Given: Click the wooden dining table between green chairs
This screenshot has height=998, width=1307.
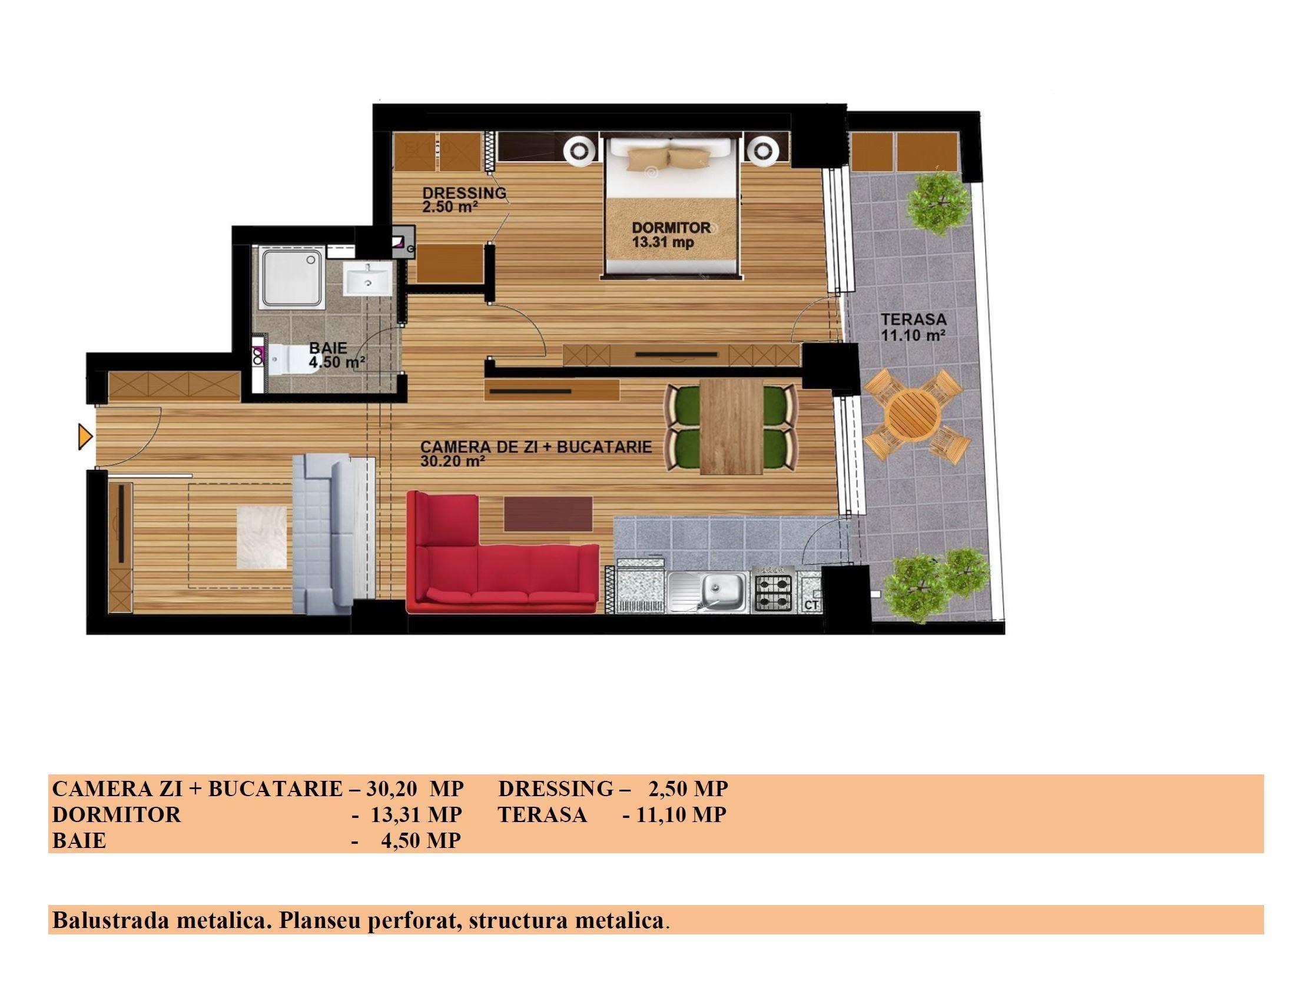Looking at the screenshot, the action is [x=731, y=427].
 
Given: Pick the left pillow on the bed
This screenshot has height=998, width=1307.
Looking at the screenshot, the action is [x=647, y=157].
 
